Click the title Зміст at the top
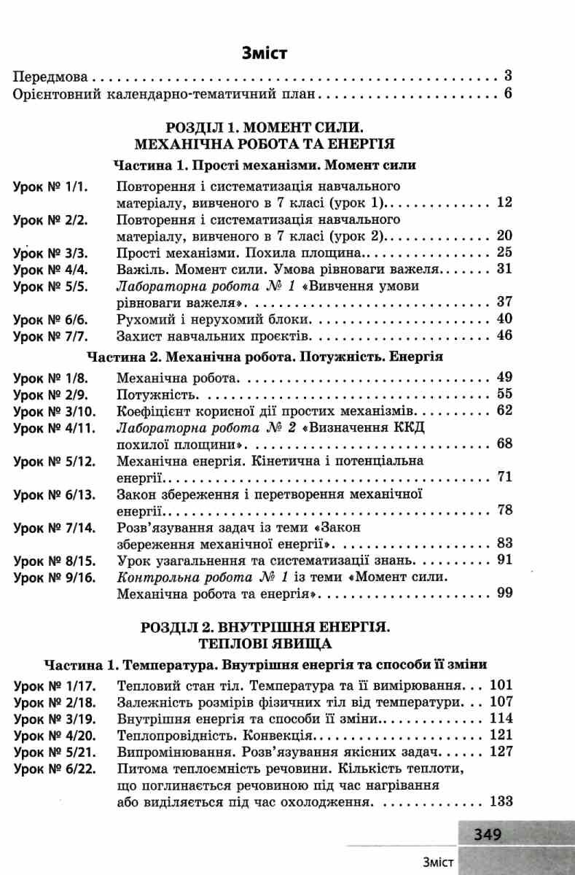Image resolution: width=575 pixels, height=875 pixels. (x=265, y=52)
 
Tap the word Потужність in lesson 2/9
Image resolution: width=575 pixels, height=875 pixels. (x=154, y=394)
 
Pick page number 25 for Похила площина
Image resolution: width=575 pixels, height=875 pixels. (x=505, y=252)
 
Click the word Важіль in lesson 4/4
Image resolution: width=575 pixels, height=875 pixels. (x=138, y=269)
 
